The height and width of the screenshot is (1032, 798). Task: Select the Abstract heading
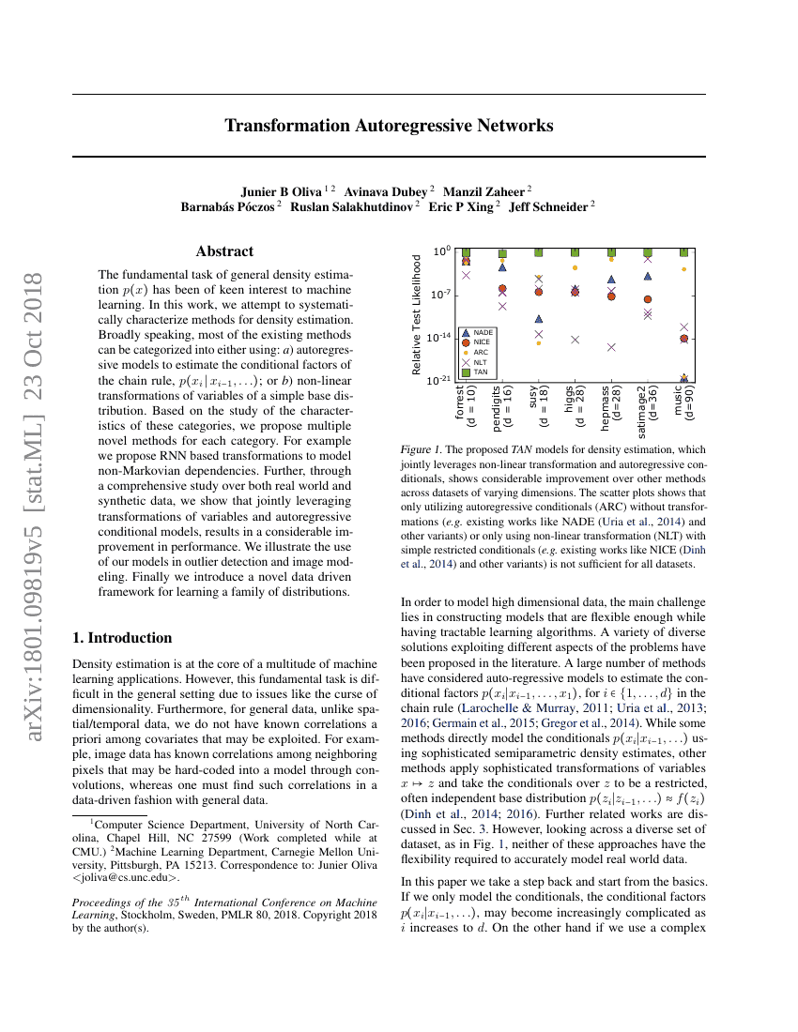[x=224, y=251]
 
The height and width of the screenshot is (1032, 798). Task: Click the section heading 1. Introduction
[x=122, y=638]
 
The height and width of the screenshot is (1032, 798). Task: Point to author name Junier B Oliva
[x=283, y=190]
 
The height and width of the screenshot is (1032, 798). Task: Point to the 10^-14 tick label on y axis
[x=440, y=337]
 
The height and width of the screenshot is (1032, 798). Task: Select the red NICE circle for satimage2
[x=648, y=299]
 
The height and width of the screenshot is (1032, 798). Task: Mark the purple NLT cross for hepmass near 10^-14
[x=611, y=347]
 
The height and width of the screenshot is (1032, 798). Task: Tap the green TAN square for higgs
[x=575, y=252]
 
